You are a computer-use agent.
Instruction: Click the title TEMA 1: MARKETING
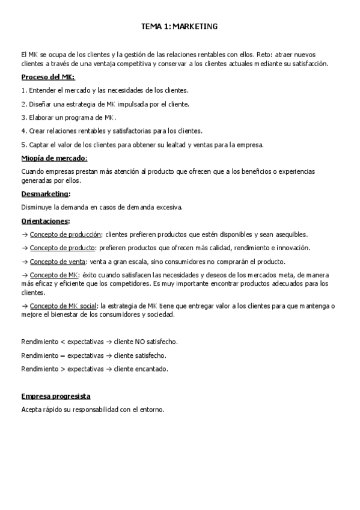pos(179,26)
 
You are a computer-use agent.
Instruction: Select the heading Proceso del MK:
pos(48,77)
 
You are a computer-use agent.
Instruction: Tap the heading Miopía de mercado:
pos(54,158)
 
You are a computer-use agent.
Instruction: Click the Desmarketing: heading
pos(46,194)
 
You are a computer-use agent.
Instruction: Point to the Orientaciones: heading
pos(46,221)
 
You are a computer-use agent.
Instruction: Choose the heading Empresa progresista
pos(56,396)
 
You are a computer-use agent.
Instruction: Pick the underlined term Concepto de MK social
pos(63,306)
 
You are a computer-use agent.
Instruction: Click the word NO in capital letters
pos(142,342)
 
